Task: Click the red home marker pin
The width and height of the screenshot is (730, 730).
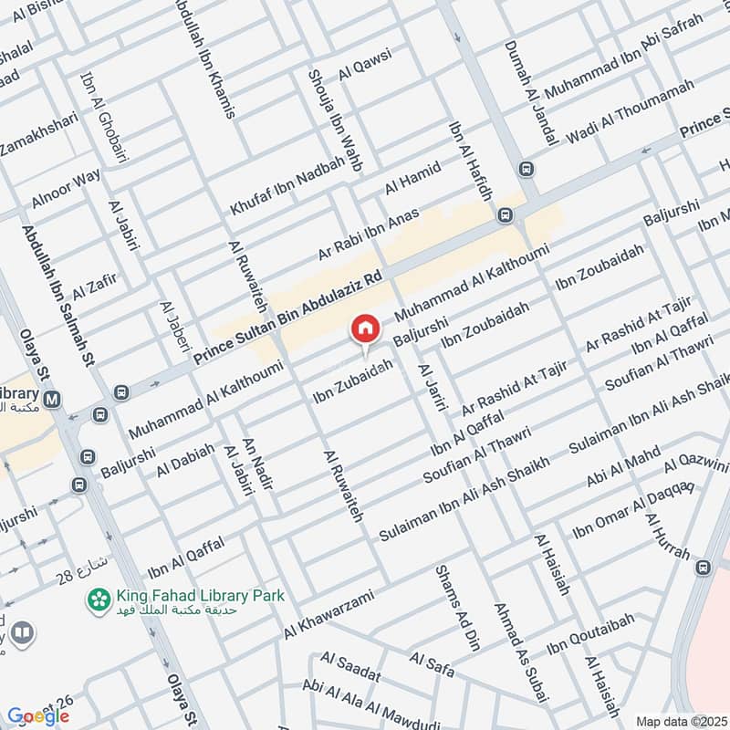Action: [365, 328]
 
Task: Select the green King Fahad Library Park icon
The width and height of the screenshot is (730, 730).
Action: [95, 599]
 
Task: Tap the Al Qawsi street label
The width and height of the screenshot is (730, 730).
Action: [365, 66]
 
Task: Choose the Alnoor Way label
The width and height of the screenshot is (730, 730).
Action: [66, 189]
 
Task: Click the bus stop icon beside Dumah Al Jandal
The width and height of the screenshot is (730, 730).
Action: [527, 169]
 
